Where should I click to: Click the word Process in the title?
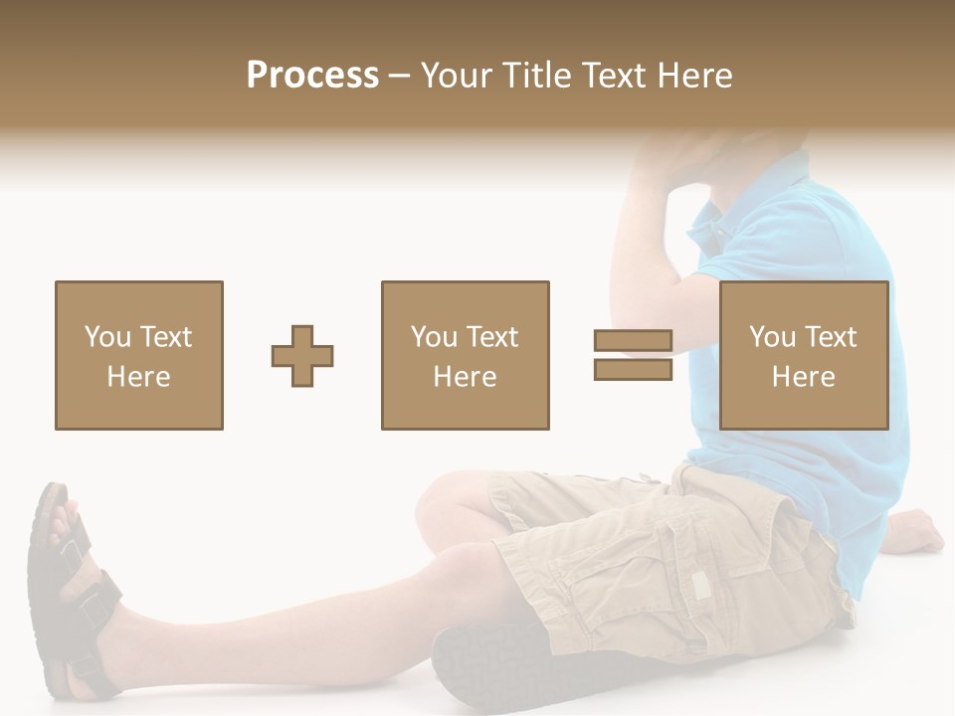click(x=312, y=76)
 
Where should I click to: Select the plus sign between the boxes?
click(x=302, y=356)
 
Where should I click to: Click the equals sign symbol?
click(x=633, y=356)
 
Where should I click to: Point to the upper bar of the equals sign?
click(x=633, y=342)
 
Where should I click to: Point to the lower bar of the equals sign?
click(x=633, y=370)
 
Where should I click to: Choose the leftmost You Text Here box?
click(x=139, y=356)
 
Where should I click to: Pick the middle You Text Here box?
click(x=465, y=356)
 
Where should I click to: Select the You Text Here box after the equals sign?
click(x=803, y=356)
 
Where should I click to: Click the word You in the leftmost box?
click(x=106, y=337)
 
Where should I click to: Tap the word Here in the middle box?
click(x=465, y=377)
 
